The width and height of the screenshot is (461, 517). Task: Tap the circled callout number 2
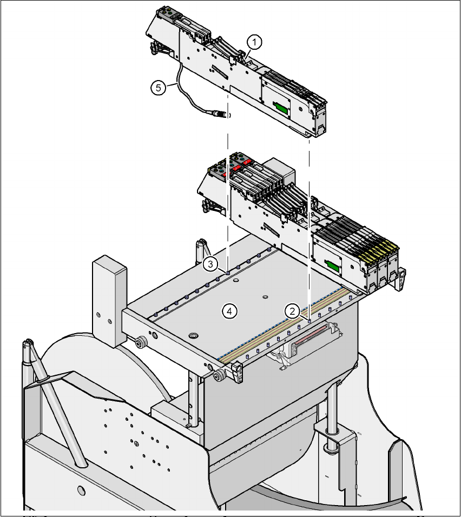tap(292, 310)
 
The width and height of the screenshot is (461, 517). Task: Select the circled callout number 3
tap(210, 264)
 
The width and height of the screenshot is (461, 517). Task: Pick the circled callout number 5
tap(158, 88)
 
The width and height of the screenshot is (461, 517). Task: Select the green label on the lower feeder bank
tap(331, 264)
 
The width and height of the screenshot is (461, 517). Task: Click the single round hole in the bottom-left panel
tap(81, 491)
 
